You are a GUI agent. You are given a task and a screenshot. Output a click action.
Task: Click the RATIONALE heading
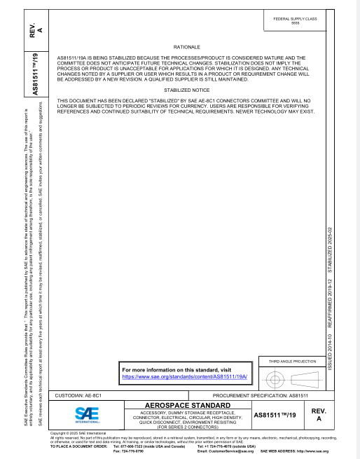pos(181,46)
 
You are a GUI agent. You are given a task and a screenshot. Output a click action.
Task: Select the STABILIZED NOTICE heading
pos(181,90)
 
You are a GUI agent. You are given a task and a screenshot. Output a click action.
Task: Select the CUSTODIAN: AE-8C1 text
pos(78,396)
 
